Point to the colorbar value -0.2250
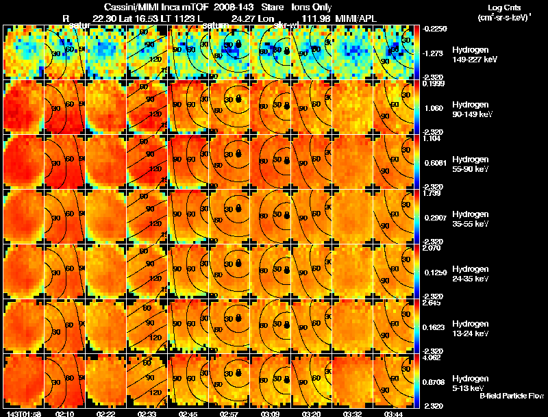pos(434,29)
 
